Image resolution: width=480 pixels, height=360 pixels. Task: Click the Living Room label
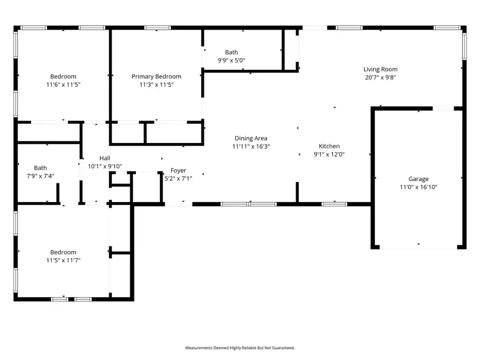[x=380, y=69]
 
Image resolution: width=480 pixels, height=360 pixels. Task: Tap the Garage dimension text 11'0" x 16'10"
[x=419, y=187]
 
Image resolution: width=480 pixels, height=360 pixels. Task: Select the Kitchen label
[x=329, y=146]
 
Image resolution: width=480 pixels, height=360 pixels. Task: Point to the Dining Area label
[x=251, y=139]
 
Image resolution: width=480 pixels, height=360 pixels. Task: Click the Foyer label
[x=178, y=171]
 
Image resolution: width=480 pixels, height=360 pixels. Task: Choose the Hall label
[x=105, y=158]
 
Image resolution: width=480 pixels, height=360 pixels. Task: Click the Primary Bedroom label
[x=156, y=77]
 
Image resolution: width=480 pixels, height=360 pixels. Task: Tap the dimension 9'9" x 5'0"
[x=231, y=60]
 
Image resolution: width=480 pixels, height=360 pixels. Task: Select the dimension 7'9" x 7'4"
[x=41, y=175]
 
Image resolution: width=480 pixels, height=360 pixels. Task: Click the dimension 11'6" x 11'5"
[x=63, y=84]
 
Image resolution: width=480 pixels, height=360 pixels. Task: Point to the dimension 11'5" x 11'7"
[x=63, y=260]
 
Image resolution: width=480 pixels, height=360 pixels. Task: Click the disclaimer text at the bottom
[x=240, y=348]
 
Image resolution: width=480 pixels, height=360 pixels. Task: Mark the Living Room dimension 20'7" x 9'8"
[x=380, y=77]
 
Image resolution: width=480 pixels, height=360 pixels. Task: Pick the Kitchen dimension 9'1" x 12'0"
[x=329, y=154]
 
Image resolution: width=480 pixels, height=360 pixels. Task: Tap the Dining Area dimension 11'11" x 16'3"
[x=251, y=146]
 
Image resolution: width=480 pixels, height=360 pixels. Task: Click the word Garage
[x=419, y=179]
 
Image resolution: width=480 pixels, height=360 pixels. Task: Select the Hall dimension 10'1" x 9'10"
[x=105, y=166]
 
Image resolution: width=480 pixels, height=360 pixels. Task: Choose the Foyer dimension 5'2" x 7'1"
[x=178, y=178]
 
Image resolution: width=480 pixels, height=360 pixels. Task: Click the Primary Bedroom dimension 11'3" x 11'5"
[x=156, y=84]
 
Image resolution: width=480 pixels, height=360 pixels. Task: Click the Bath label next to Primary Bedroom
[x=231, y=52]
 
